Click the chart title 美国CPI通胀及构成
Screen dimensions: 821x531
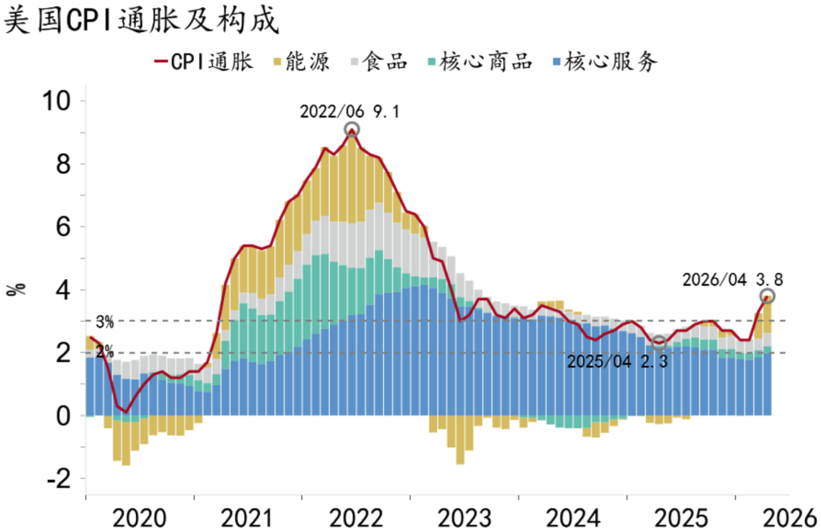141,20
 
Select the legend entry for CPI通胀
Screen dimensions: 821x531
204,62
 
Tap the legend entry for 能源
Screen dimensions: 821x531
302,62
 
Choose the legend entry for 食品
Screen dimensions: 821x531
379,62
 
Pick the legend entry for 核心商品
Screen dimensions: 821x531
480,62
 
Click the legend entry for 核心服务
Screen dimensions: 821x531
605,62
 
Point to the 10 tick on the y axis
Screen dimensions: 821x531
55,100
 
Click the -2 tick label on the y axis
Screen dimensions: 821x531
58,479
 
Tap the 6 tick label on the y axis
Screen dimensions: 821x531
63,227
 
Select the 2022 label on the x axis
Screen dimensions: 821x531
356,518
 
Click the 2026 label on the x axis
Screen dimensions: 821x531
790,518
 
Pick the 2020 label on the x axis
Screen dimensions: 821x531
139,518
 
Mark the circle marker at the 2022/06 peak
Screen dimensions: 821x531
352,129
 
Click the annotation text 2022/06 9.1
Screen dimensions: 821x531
349,112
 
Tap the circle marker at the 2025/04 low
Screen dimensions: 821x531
658,343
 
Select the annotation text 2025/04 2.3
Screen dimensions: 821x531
617,361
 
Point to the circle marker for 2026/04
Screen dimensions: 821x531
767,296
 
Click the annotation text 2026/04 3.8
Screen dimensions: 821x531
733,280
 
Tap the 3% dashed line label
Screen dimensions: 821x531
105,322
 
